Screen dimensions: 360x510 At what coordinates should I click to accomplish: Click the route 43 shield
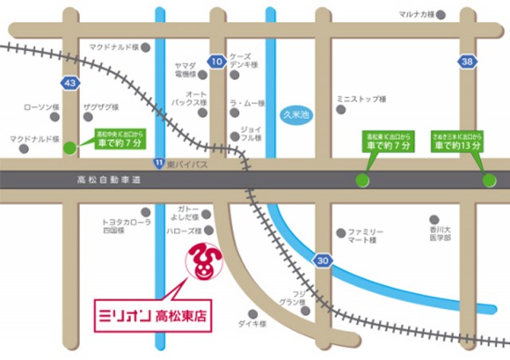point(70,83)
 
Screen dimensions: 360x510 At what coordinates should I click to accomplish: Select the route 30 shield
point(321,260)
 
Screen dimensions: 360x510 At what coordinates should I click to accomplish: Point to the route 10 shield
point(216,61)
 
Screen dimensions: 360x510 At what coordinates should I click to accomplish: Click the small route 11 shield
point(160,162)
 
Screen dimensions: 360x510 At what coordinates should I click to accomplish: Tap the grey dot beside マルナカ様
point(441,15)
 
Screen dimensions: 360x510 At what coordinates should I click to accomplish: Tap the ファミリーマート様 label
point(367,234)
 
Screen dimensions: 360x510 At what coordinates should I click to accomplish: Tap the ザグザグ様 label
point(99,106)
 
